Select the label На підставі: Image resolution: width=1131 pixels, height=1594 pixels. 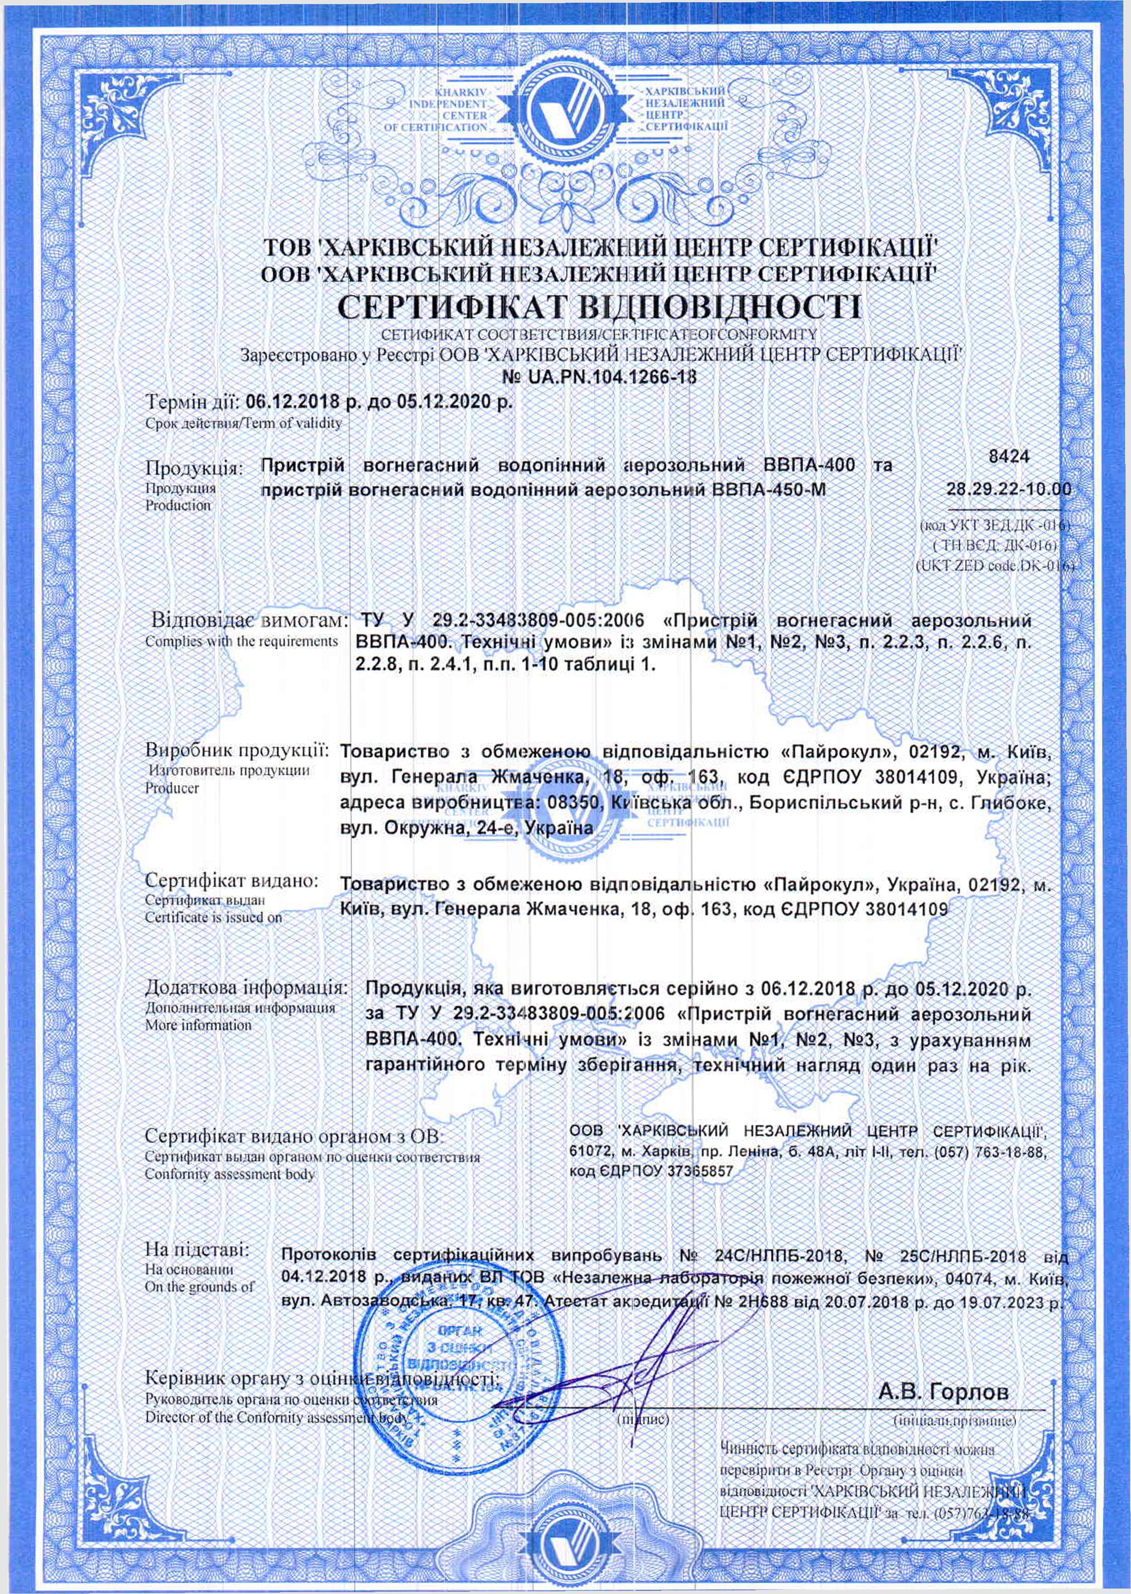pos(197,1249)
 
